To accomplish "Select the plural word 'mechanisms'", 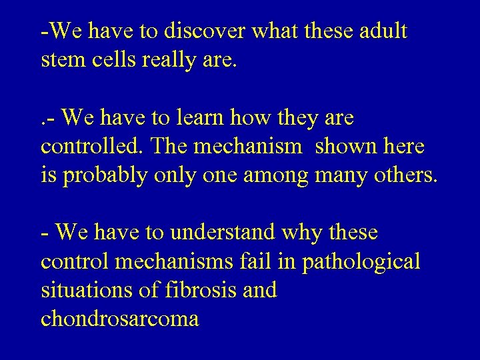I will [174, 262].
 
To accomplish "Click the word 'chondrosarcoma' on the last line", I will [120, 320].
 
